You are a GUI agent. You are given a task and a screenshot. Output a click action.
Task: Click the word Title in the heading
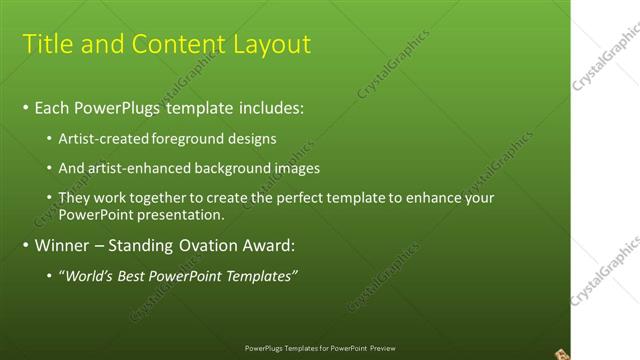46,44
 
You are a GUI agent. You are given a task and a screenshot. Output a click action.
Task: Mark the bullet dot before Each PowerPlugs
25,107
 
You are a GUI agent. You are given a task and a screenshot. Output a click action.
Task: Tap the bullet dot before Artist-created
51,139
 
